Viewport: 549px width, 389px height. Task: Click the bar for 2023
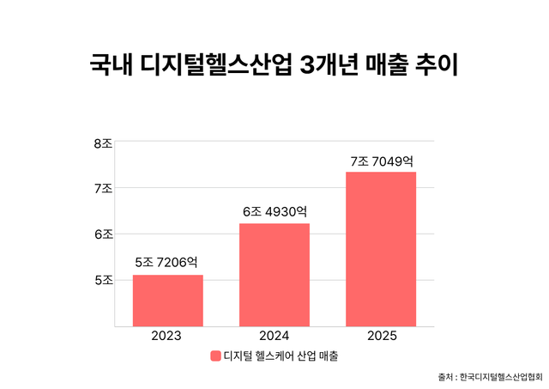point(168,301)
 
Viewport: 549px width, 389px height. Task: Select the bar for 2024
point(274,275)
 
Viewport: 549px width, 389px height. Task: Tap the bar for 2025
point(381,249)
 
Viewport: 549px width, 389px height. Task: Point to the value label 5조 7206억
point(168,262)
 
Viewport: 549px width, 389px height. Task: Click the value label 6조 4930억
point(274,210)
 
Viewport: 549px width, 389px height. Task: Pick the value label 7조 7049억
point(381,160)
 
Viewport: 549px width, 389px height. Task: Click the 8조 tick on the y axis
point(103,143)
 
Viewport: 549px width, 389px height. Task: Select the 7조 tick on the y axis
point(103,188)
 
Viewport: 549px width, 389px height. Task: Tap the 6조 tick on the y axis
point(103,234)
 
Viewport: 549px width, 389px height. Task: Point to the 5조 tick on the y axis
point(103,279)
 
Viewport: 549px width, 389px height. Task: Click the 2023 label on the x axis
point(168,337)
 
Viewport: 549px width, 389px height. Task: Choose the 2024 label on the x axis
point(274,337)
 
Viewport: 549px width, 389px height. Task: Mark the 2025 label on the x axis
point(381,337)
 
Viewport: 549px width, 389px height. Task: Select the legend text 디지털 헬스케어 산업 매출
point(281,356)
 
